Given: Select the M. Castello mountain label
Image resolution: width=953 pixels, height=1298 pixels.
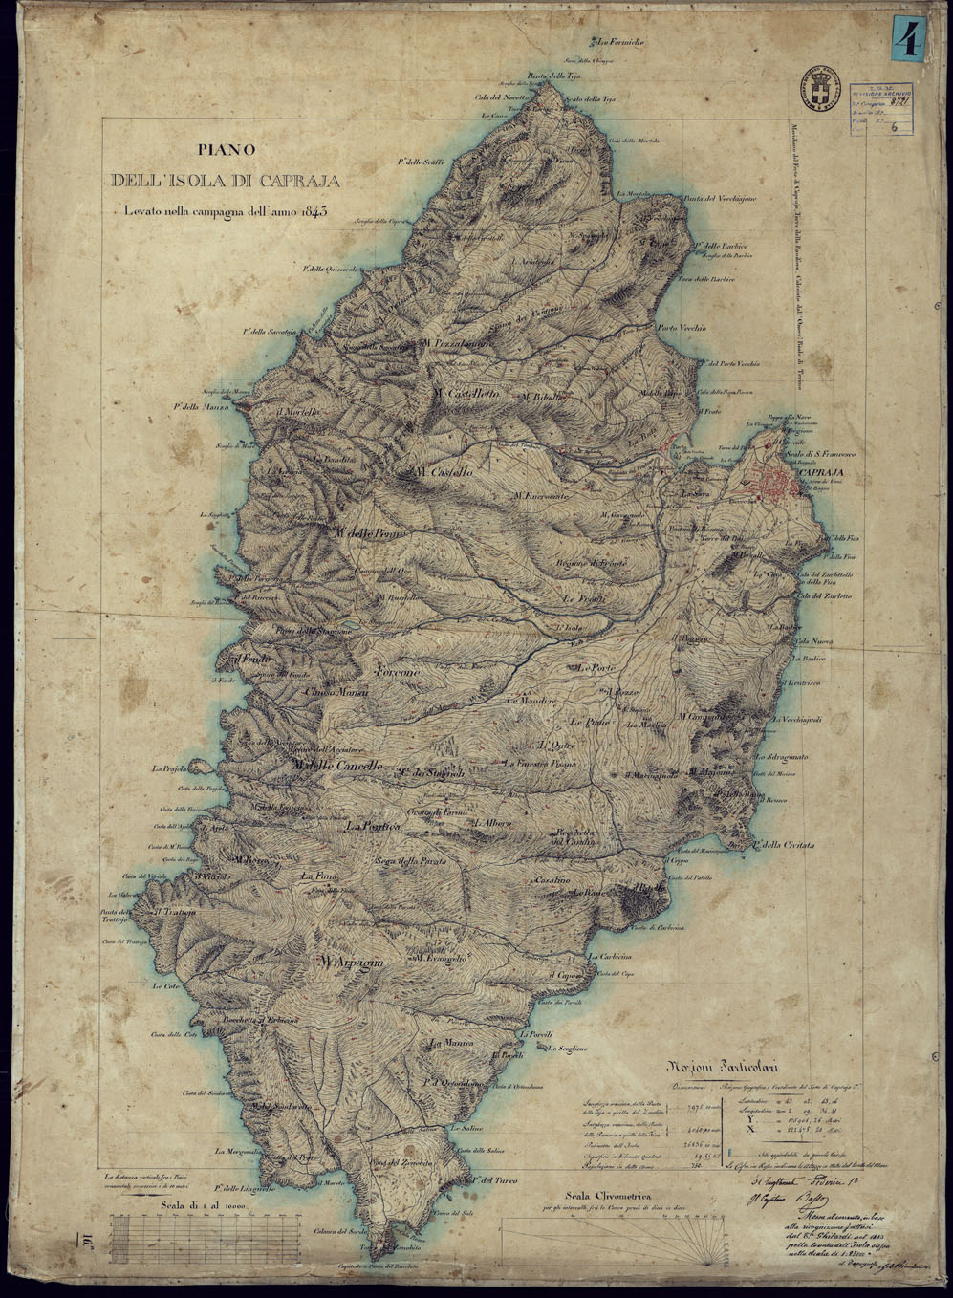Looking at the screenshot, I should pyautogui.click(x=444, y=473).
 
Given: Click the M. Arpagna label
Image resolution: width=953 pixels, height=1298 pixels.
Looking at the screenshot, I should pyautogui.click(x=352, y=962).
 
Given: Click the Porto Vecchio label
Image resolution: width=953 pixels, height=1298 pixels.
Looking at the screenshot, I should pyautogui.click(x=681, y=328).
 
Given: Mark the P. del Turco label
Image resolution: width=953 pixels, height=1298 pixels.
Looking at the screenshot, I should pyautogui.click(x=492, y=1180).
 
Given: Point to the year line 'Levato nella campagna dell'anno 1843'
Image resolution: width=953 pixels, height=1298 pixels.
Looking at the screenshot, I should pyautogui.click(x=220, y=211).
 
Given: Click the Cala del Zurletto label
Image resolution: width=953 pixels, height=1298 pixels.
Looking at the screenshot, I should pyautogui.click(x=823, y=595).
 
